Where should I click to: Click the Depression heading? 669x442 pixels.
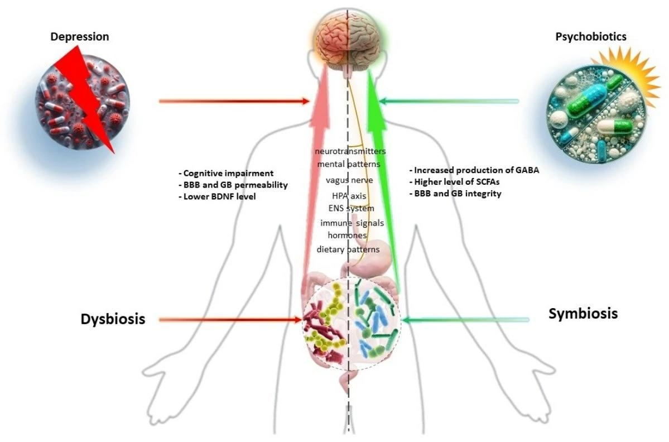[x=80, y=37]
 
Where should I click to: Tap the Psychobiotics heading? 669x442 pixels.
[x=590, y=37]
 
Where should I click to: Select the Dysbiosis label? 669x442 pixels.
[x=113, y=319]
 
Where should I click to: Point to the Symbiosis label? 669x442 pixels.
[x=583, y=313]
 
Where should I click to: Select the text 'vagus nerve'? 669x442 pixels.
[x=349, y=180]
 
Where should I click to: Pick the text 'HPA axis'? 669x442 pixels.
[x=350, y=195]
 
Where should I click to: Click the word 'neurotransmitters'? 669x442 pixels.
[x=350, y=151]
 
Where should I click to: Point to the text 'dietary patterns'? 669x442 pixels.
[x=348, y=249]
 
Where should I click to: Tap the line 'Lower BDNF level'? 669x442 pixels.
[x=216, y=196]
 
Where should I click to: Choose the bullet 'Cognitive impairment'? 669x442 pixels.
[x=224, y=173]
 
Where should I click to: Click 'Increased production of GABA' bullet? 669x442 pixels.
[x=474, y=170]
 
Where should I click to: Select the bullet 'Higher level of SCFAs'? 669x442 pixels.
[x=458, y=182]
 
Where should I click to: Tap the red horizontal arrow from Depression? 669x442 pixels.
[x=234, y=101]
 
